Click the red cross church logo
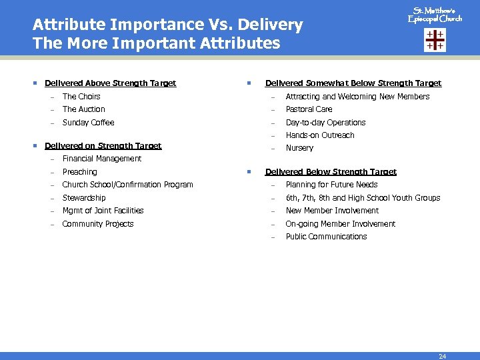(x=435, y=40)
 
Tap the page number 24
(x=442, y=356)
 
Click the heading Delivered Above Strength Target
(x=110, y=83)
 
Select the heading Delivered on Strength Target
(x=103, y=145)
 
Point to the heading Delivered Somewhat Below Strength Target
(x=353, y=83)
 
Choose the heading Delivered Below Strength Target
(x=331, y=172)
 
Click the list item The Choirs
(x=81, y=97)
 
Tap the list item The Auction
(x=83, y=109)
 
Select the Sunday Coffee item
(x=88, y=123)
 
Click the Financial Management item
(x=101, y=159)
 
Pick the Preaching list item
(x=79, y=172)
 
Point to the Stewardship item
(x=83, y=198)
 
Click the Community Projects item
(x=97, y=224)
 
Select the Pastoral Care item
(x=309, y=109)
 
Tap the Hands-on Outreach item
(x=320, y=135)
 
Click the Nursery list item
(x=299, y=148)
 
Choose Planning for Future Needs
(x=331, y=185)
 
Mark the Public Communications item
(x=326, y=237)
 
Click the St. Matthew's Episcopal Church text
(x=435, y=15)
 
